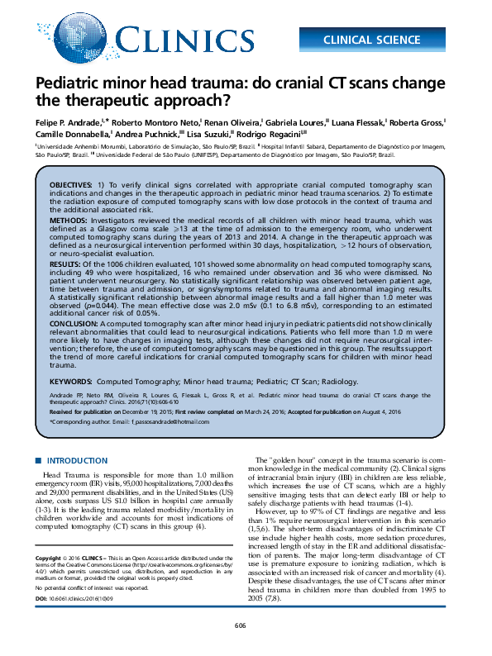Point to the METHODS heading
point(69,221)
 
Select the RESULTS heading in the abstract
point(66,262)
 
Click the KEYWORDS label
point(70,383)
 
